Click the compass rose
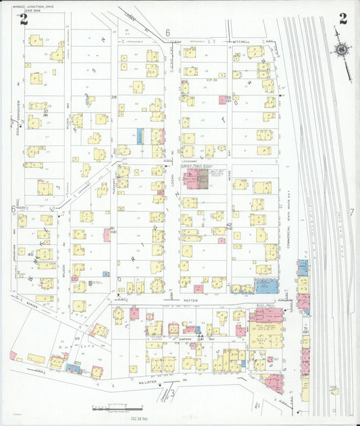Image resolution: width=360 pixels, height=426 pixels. tap(342, 49)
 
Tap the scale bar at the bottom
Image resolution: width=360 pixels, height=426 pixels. tap(118, 408)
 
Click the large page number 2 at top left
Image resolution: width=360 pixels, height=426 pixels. tap(24, 19)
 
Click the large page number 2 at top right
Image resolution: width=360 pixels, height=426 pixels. tap(343, 19)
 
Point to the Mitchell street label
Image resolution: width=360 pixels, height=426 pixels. tap(241, 41)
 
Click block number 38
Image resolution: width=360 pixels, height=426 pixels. tap(114, 97)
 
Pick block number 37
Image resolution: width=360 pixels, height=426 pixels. tap(46, 111)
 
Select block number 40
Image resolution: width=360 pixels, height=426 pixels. tap(30, 254)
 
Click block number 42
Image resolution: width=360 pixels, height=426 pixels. tap(229, 225)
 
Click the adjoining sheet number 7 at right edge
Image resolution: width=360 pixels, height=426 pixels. tap(352, 213)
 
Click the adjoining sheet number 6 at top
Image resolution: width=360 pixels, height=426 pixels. tap(168, 32)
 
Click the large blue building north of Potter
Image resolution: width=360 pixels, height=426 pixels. tap(266, 286)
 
